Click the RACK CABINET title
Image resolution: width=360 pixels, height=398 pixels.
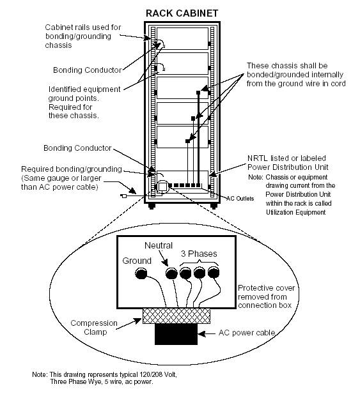[x=182, y=13]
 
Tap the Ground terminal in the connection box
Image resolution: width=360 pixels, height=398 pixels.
[x=141, y=273]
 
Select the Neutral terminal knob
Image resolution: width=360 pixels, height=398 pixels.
[x=171, y=273]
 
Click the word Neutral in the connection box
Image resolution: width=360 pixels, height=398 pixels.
[x=159, y=245]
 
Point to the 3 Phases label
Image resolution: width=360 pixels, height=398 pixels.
[x=199, y=254]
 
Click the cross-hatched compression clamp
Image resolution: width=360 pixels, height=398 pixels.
[x=176, y=316]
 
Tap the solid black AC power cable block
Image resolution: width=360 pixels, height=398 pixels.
[x=176, y=334]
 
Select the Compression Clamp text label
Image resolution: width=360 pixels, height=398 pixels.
[x=94, y=328]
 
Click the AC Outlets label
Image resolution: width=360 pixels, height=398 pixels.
[x=240, y=199]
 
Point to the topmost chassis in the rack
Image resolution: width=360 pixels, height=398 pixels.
[x=182, y=38]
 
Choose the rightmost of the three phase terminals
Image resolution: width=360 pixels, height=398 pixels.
[x=214, y=273]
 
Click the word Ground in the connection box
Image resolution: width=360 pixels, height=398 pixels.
[x=137, y=261]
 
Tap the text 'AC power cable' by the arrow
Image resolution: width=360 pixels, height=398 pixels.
[x=247, y=333]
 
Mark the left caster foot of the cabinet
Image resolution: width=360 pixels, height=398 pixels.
[x=152, y=206]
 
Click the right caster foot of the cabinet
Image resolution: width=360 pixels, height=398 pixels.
[x=214, y=206]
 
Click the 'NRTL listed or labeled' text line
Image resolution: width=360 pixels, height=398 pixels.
[x=286, y=158]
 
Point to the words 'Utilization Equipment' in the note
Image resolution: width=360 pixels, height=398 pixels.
[x=295, y=212]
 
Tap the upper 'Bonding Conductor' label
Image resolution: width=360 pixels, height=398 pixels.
[x=88, y=70]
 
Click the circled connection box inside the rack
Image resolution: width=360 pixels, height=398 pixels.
[x=162, y=187]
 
